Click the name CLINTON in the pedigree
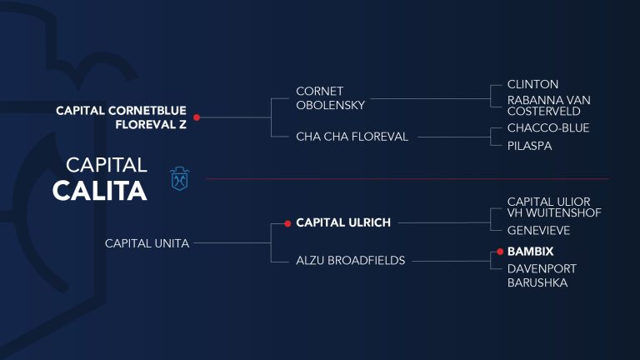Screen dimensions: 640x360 tap(532, 84)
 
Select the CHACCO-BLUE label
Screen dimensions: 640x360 tap(548, 128)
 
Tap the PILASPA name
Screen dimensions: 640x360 tap(529, 146)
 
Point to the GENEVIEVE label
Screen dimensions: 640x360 tap(538, 231)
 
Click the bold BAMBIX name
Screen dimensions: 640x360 tap(530, 252)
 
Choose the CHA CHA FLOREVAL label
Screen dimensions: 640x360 tap(352, 137)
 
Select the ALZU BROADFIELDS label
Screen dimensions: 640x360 tap(351, 260)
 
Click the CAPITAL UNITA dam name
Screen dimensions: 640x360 tap(147, 243)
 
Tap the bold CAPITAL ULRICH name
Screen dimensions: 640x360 tap(343, 222)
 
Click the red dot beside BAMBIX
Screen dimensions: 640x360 tap(500, 252)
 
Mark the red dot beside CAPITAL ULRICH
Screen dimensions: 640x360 tap(287, 223)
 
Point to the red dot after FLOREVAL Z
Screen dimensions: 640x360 tap(197, 117)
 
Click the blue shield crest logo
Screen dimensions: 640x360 tap(180, 179)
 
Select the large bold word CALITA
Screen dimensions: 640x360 tap(100, 191)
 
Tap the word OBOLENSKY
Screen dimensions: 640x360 tap(331, 105)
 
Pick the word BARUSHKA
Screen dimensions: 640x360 tap(537, 282)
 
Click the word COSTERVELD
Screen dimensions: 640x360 tap(543, 112)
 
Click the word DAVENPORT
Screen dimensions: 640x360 tap(542, 269)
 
